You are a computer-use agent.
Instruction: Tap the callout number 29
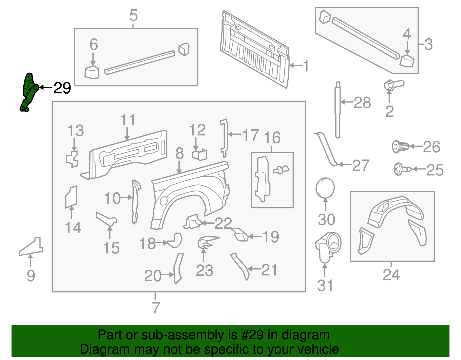(x=62, y=88)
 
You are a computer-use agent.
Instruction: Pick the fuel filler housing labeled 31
(x=328, y=247)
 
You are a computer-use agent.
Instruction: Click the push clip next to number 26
(x=400, y=147)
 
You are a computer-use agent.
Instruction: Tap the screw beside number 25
(x=402, y=169)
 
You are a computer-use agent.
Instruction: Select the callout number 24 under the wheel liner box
(x=391, y=275)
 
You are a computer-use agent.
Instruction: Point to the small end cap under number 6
(x=92, y=73)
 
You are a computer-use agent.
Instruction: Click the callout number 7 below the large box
(x=156, y=308)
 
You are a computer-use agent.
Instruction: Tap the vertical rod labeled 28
(x=337, y=110)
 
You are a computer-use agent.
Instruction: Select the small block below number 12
(x=200, y=154)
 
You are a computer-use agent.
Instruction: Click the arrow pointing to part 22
(x=207, y=223)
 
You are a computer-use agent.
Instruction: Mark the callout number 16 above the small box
(x=272, y=138)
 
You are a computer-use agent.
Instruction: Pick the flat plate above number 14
(x=71, y=197)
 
